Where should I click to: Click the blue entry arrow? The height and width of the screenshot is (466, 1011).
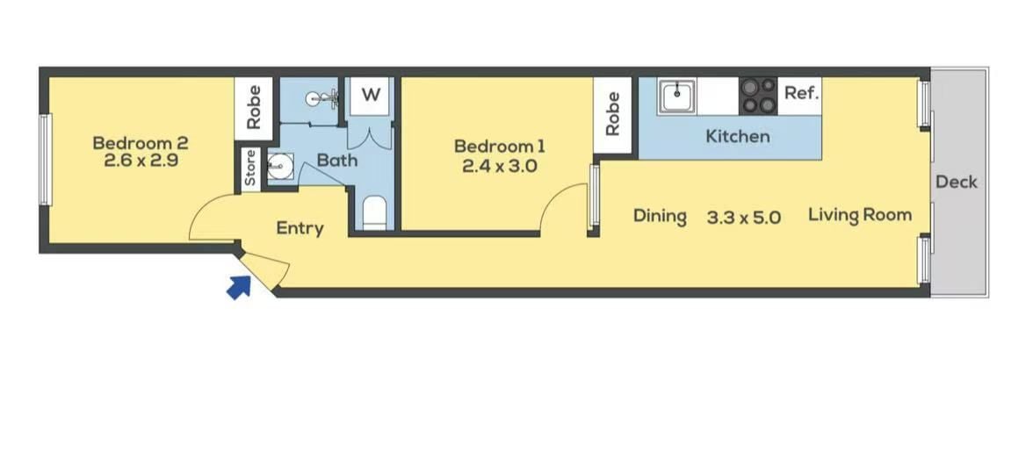point(239,288)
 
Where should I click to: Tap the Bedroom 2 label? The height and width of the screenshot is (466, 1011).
point(140,142)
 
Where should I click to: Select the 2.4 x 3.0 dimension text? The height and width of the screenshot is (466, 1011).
point(500,166)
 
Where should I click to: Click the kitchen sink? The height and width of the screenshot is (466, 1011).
point(676,96)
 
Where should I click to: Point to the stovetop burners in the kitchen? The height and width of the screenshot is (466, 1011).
point(758,96)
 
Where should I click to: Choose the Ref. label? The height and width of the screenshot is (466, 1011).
point(801,93)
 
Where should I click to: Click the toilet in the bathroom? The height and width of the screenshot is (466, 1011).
point(374,213)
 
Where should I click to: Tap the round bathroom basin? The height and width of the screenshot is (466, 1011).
point(280,166)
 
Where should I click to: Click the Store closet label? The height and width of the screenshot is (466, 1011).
point(251,168)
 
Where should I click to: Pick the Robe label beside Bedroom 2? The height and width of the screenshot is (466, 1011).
point(253,107)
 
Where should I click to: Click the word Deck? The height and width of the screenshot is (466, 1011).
point(957,182)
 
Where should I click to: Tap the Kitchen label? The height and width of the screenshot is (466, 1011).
point(738,136)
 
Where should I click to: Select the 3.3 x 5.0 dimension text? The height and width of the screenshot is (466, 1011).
point(743,218)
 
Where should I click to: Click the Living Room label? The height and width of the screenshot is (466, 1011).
point(860,215)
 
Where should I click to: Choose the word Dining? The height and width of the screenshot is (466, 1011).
point(660,216)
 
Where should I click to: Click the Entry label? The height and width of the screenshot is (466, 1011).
point(300,228)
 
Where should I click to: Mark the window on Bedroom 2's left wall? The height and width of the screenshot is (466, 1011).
point(45,160)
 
